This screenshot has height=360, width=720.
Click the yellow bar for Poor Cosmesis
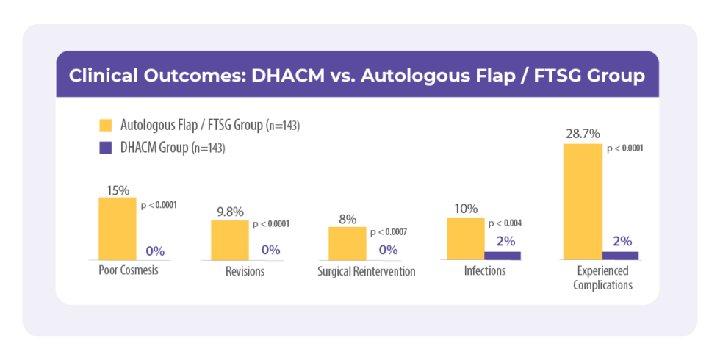tap(118, 228)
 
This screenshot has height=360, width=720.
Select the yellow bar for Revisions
tap(229, 240)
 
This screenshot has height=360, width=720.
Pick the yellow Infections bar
tap(466, 238)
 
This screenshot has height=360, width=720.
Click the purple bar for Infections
tap(503, 255)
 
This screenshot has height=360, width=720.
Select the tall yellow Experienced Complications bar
tap(583, 201)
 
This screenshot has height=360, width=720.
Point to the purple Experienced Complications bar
tap(621, 255)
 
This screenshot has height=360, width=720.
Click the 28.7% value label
tap(583, 134)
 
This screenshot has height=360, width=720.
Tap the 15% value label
tap(118, 190)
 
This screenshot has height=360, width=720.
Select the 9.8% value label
tap(230, 212)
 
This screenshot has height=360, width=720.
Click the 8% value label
tap(348, 218)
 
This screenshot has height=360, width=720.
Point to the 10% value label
tap(466, 210)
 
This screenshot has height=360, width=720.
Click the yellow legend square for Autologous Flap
tap(106, 125)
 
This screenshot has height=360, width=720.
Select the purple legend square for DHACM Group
tap(106, 148)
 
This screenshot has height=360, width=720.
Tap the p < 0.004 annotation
tap(505, 223)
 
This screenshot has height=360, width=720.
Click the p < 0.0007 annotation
tap(388, 232)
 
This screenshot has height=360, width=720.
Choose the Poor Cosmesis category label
tap(129, 270)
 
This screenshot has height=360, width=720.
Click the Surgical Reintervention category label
tap(367, 271)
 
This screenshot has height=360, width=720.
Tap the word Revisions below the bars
tap(245, 271)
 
